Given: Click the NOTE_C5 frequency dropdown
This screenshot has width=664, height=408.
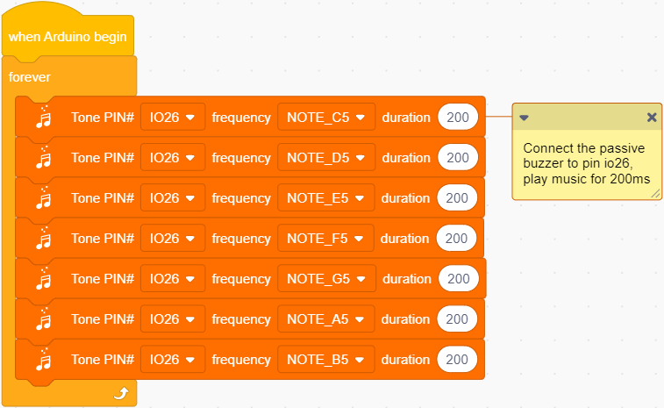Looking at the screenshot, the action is [326, 117].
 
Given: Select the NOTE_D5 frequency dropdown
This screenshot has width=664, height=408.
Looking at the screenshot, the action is [326, 158].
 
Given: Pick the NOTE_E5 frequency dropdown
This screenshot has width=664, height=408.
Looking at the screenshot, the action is [325, 197].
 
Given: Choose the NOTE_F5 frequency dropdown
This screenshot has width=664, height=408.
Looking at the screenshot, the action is [325, 238].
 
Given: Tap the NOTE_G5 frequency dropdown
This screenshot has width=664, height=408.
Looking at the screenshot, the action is [326, 278].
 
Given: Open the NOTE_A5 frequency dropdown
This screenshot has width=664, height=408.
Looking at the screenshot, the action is [325, 319].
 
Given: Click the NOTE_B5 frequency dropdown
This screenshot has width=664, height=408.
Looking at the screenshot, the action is [325, 359].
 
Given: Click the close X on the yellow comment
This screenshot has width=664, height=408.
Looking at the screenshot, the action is [652, 118].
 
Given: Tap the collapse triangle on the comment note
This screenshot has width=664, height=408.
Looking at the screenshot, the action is [524, 118].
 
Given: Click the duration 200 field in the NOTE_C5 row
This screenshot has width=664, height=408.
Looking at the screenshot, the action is [458, 117].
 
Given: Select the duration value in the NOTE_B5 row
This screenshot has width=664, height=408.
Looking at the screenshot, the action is [457, 359].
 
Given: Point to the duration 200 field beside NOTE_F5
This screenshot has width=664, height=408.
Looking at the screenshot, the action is [456, 238].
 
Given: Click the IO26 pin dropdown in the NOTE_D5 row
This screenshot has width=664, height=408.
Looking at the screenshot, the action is [172, 158].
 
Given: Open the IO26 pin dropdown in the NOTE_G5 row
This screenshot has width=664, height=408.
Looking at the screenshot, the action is [172, 278].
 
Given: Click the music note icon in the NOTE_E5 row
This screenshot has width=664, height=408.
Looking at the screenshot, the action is [44, 197].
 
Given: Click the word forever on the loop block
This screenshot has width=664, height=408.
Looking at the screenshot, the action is [29, 77].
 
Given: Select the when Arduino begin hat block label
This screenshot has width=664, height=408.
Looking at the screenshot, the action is [68, 37].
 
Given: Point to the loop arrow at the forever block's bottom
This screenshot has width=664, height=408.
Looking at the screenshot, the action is [122, 393].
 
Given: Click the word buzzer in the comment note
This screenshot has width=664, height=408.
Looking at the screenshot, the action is [543, 163].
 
